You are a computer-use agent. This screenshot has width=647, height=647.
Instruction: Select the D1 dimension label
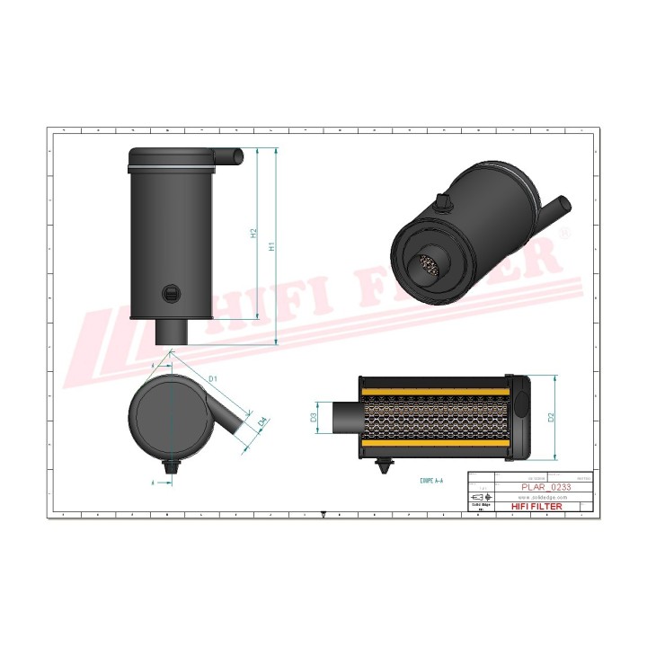[x=213, y=380]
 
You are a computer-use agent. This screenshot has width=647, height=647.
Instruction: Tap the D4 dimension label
[x=262, y=421]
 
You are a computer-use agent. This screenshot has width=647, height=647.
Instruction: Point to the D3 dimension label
[x=315, y=417]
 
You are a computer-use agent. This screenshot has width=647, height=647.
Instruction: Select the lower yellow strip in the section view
[x=435, y=443]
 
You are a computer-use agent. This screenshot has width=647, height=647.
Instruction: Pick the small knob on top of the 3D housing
[x=441, y=200]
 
